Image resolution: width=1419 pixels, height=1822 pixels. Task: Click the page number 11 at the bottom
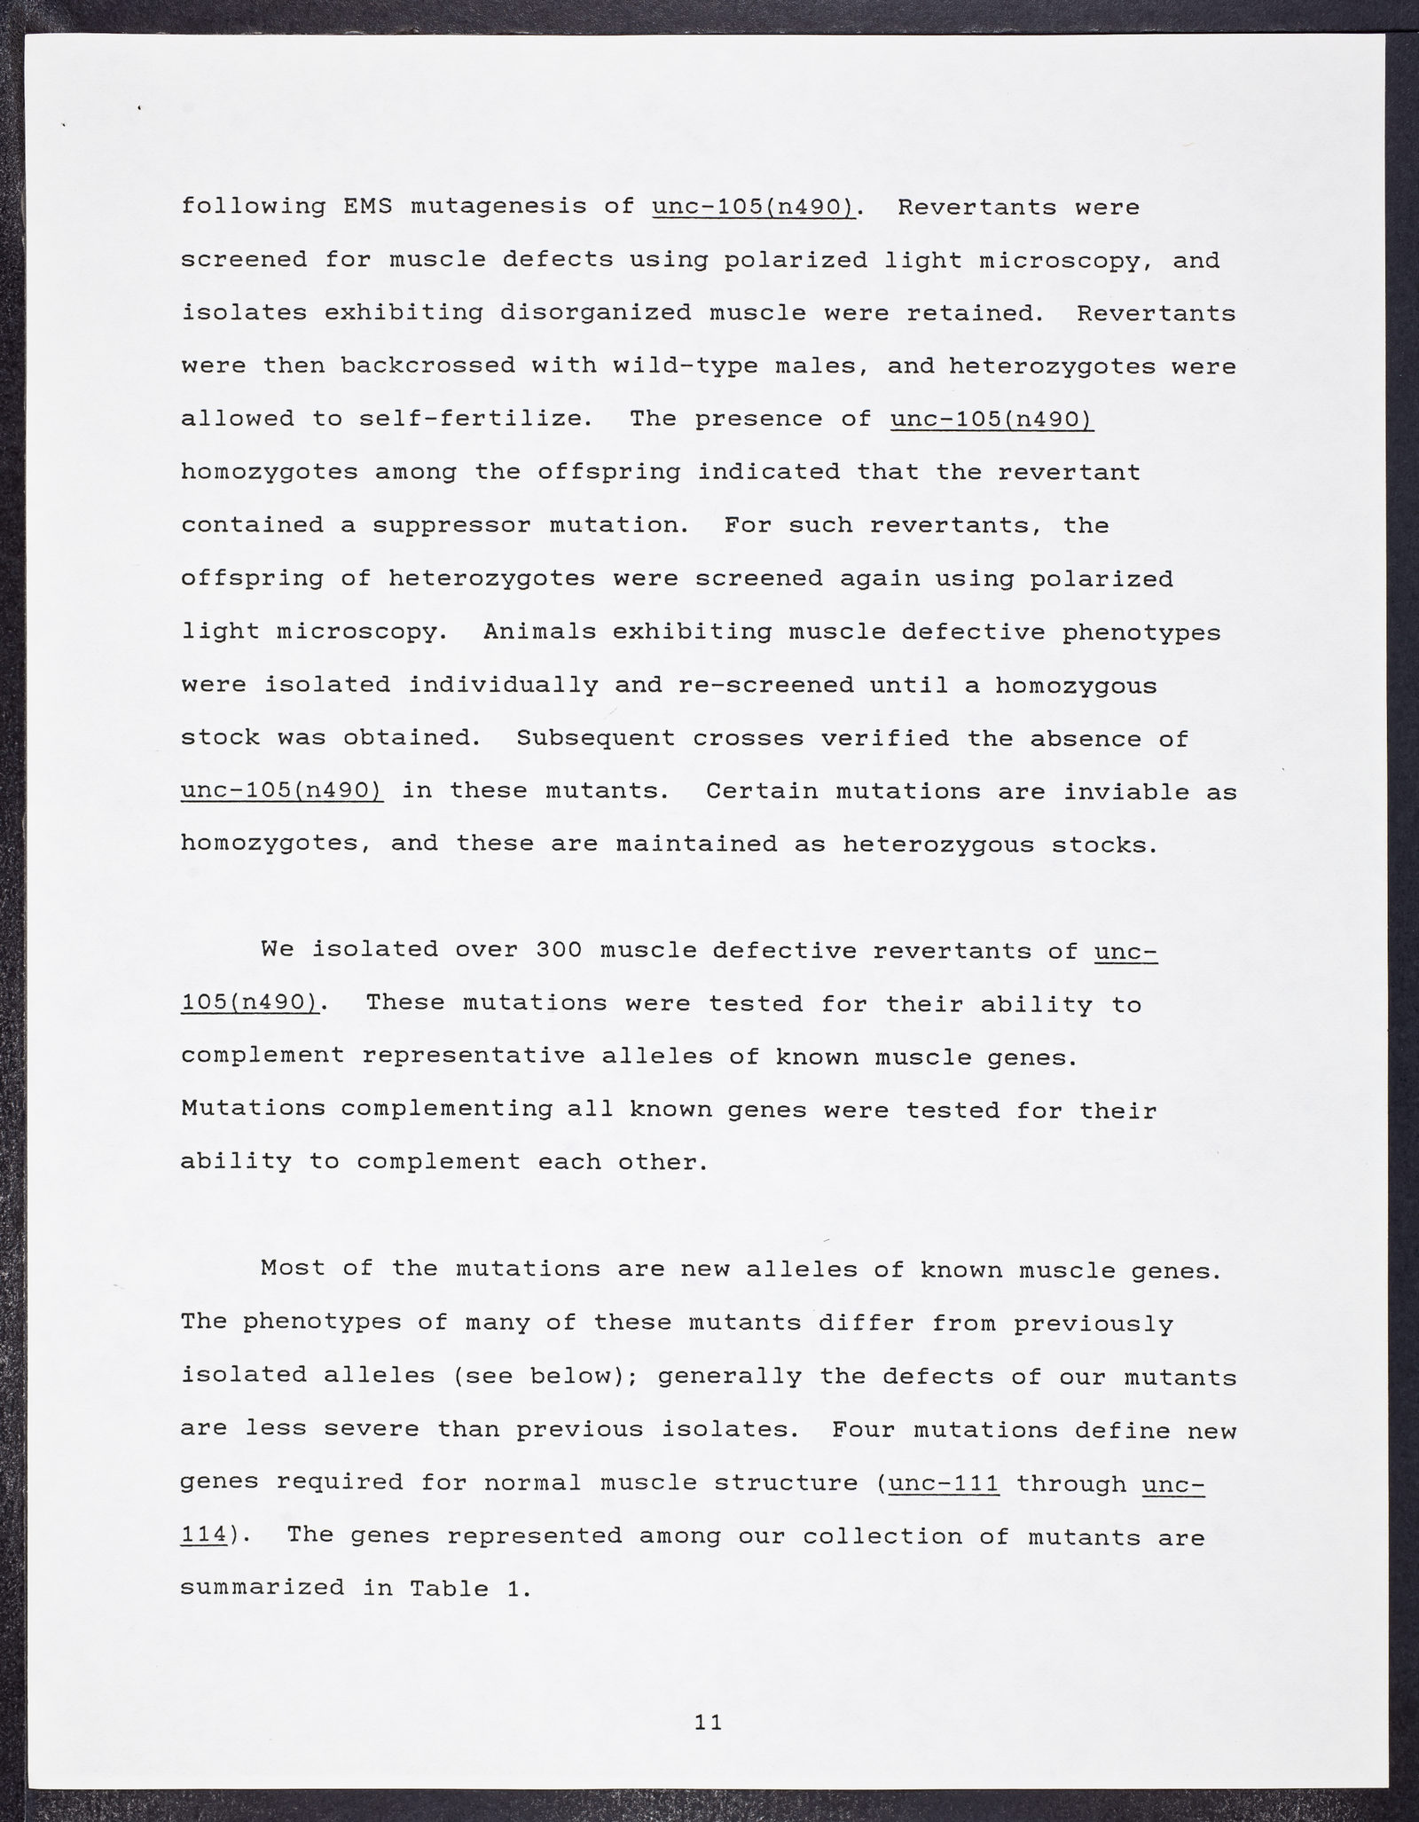click(x=709, y=1722)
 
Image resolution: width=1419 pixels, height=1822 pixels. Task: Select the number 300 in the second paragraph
click(x=560, y=950)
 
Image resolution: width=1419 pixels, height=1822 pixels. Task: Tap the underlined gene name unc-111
click(x=943, y=1483)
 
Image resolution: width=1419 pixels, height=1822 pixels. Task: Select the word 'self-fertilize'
click(x=474, y=420)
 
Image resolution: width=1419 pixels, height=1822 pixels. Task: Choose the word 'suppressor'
click(x=451, y=525)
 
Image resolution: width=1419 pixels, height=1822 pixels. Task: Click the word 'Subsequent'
click(x=595, y=738)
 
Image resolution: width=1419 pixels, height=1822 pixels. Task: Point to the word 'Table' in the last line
click(x=448, y=1589)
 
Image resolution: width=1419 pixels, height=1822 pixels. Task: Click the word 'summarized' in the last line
click(x=262, y=1589)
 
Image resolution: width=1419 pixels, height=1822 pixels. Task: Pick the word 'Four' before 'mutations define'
click(x=864, y=1430)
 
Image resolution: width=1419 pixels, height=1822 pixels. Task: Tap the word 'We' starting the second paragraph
click(x=277, y=950)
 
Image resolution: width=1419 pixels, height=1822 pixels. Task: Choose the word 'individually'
click(x=503, y=685)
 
